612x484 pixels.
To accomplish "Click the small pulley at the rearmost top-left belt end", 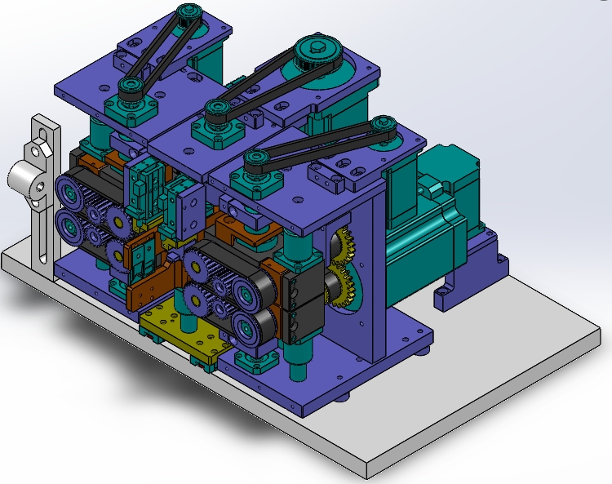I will tap(189, 11).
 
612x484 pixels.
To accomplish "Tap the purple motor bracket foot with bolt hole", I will tap(448, 294).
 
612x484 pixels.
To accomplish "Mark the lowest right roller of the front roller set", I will tap(246, 327).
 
